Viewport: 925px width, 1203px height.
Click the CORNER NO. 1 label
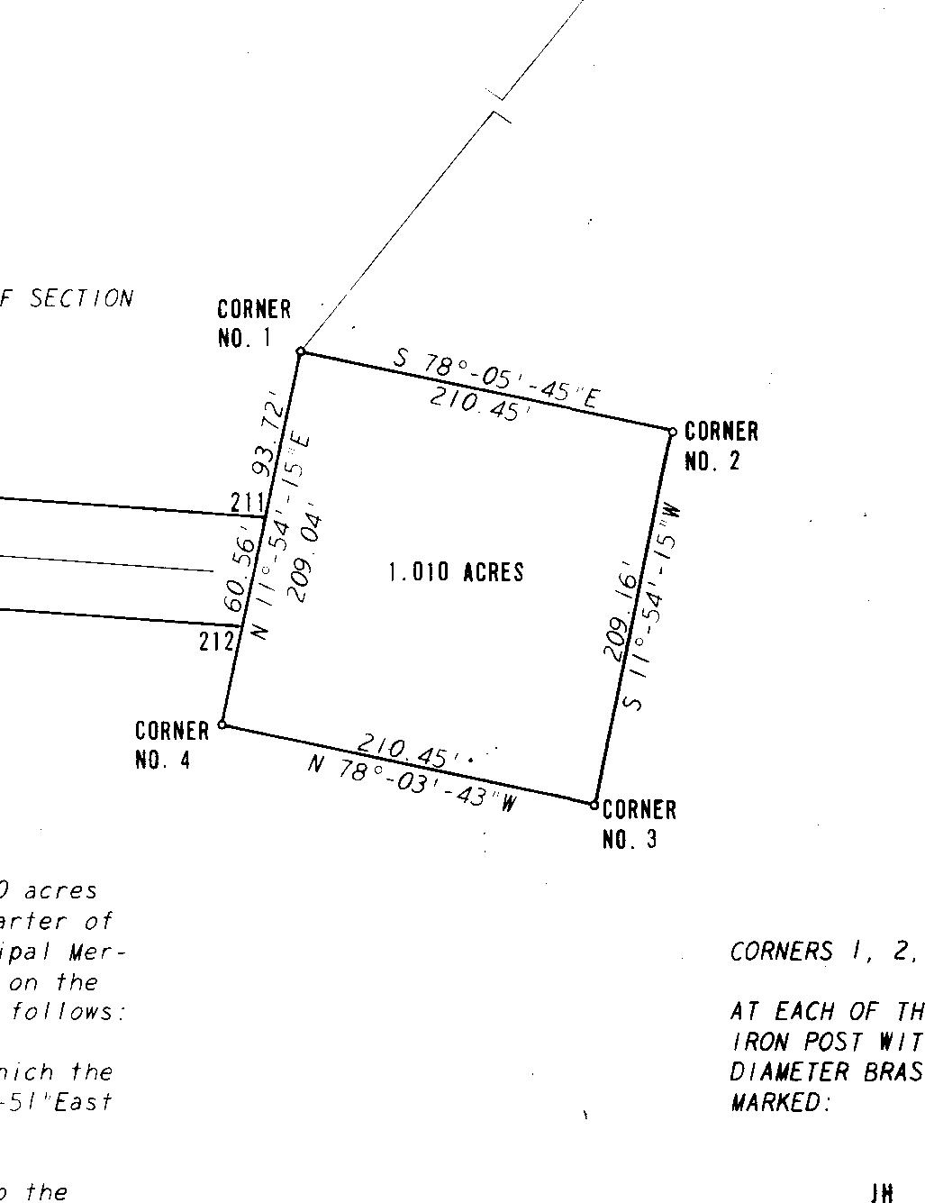pos(254,324)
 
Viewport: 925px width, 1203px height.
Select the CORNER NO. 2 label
pos(721,446)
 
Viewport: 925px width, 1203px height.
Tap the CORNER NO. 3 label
pos(639,824)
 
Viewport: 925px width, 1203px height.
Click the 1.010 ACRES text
pos(456,572)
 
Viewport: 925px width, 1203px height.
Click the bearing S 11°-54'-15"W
pos(652,607)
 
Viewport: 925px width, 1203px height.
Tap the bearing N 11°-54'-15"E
pos(282,535)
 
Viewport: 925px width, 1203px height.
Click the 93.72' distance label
pos(270,439)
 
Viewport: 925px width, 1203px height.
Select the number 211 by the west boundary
pos(247,502)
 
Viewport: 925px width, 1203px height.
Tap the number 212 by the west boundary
pos(216,642)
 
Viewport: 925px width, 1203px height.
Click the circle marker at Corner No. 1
pos(302,351)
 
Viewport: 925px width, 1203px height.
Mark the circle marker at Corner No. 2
pos(672,433)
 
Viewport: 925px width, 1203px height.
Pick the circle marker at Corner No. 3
pos(594,804)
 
